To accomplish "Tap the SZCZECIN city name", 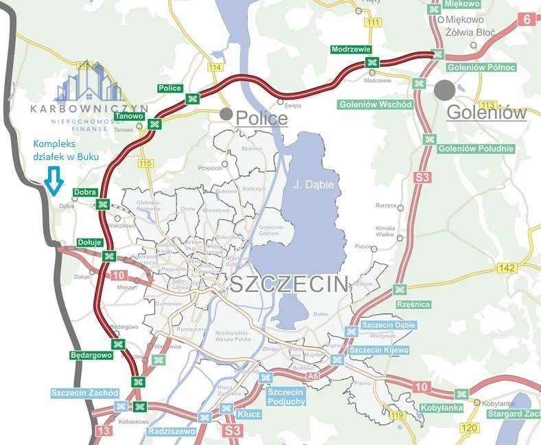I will (289, 284).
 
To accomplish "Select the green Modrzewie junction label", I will (351, 50).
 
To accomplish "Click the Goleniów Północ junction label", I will (472, 67).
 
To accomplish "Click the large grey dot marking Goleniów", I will (444, 90).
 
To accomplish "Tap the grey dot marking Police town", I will (226, 114).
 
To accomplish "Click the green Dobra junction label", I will (84, 192).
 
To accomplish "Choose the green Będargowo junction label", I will (91, 355).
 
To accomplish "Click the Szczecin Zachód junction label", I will (85, 393).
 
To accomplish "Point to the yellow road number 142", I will (508, 268).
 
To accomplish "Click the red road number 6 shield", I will (527, 19).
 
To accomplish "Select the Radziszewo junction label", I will (172, 431).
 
